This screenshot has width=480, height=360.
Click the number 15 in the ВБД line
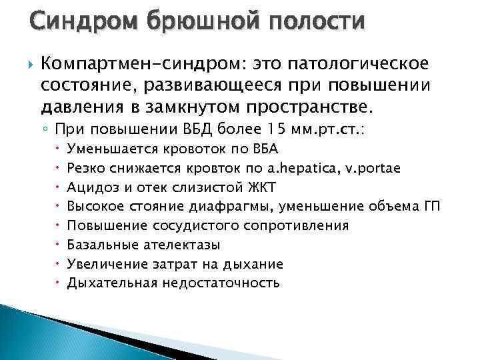(x=256, y=129)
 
